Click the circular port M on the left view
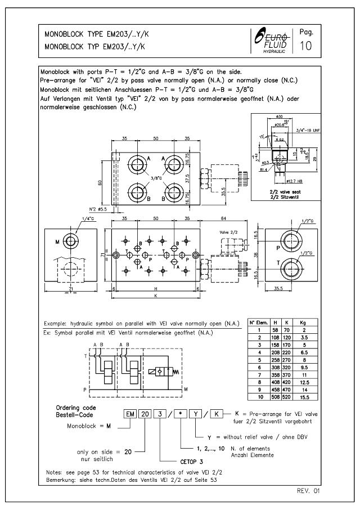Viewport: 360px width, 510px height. (x=70, y=242)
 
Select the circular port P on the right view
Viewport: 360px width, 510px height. (x=291, y=241)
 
